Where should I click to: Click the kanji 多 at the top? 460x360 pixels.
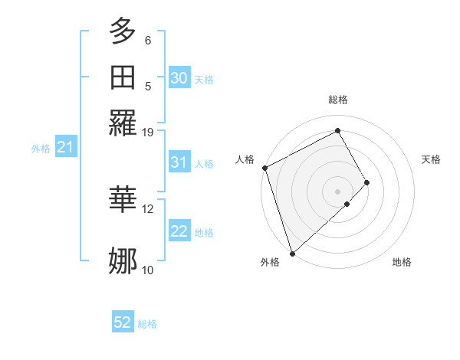click(x=123, y=31)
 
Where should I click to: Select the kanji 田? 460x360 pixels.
click(x=123, y=77)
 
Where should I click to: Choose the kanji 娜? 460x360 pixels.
click(x=123, y=260)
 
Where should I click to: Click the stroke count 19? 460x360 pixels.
click(x=148, y=132)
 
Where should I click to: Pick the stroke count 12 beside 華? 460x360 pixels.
click(x=148, y=208)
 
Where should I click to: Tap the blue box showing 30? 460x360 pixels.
click(x=179, y=78)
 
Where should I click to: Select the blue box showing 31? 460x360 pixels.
click(x=179, y=162)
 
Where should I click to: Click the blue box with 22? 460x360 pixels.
click(x=179, y=231)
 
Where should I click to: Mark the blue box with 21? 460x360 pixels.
click(x=64, y=147)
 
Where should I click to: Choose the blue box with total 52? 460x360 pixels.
click(x=123, y=322)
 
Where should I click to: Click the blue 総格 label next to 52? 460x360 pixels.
click(x=147, y=324)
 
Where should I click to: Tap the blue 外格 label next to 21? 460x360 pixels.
click(x=41, y=149)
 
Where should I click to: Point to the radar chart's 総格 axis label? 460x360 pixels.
click(x=338, y=100)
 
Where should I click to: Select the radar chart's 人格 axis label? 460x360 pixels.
click(x=245, y=159)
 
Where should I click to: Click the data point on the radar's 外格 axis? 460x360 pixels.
click(x=291, y=253)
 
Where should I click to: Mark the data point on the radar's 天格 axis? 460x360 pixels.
click(x=367, y=182)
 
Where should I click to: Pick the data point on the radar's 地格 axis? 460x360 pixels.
click(x=347, y=204)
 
